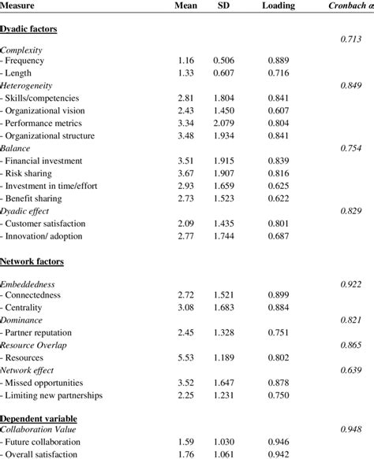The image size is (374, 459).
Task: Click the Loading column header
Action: tap(279, 6)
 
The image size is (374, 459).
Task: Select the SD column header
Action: tap(226, 6)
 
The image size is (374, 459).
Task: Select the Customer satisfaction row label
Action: tap(46, 224)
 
